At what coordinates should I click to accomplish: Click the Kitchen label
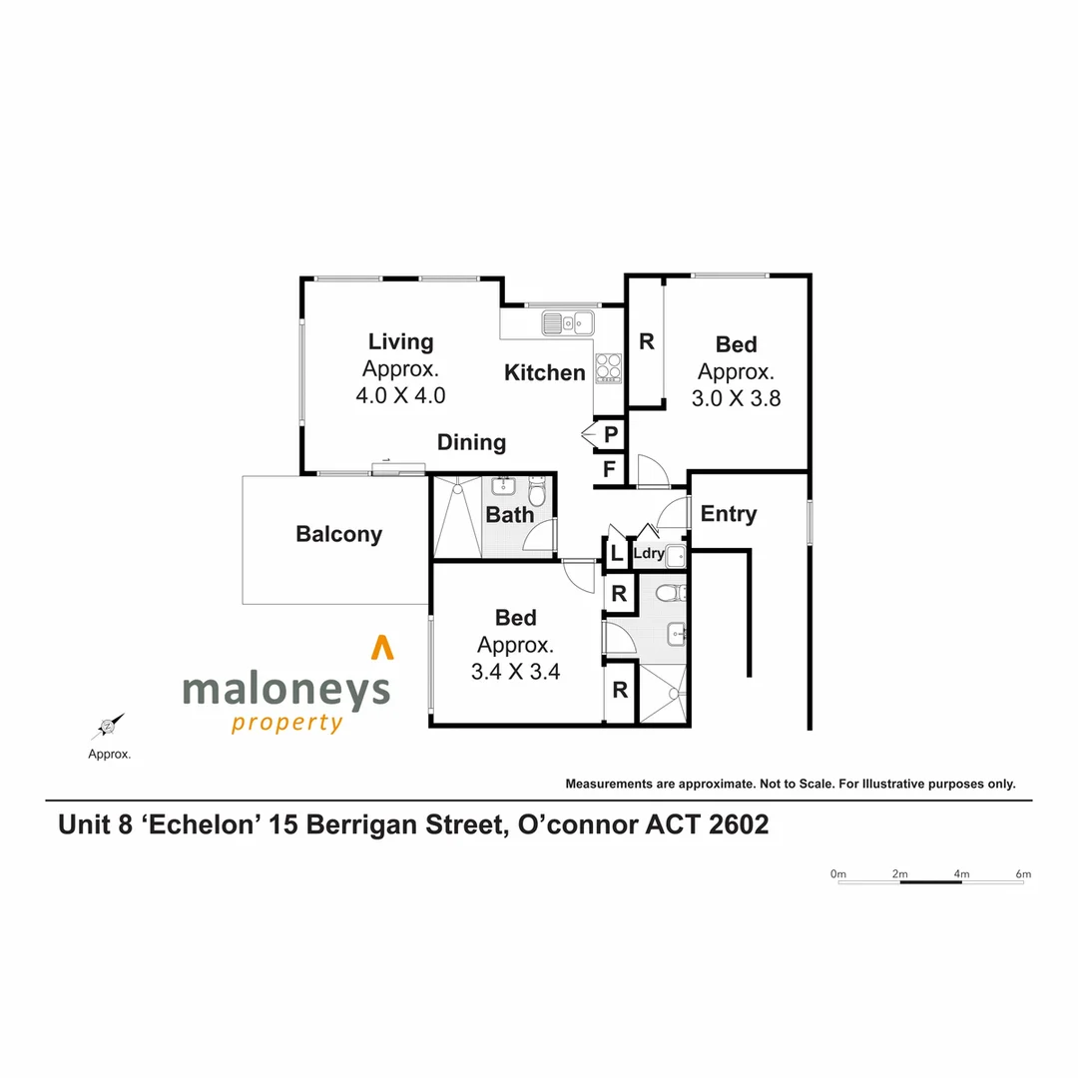pyautogui.click(x=544, y=373)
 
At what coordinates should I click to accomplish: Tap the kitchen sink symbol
pyautogui.click(x=568, y=322)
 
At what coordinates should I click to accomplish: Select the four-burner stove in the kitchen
pyautogui.click(x=608, y=369)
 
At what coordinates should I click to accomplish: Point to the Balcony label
pyautogui.click(x=338, y=535)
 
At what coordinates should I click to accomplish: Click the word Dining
pyautogui.click(x=471, y=442)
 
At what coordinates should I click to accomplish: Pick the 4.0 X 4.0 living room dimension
pyautogui.click(x=400, y=395)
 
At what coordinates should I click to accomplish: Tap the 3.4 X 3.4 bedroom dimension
pyautogui.click(x=515, y=671)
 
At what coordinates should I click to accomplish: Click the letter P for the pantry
pyautogui.click(x=610, y=434)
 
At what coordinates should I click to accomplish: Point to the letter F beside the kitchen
pyautogui.click(x=609, y=468)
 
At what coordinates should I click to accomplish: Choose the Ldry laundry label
pyautogui.click(x=649, y=553)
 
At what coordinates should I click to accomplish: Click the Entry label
pyautogui.click(x=729, y=514)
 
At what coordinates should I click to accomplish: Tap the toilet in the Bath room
pyautogui.click(x=537, y=492)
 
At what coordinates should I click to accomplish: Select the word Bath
pyautogui.click(x=510, y=515)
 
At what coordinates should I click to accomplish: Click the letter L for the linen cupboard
pyautogui.click(x=616, y=553)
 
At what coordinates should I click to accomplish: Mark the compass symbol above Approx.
pyautogui.click(x=109, y=727)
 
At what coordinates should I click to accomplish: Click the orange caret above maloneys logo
pyautogui.click(x=381, y=648)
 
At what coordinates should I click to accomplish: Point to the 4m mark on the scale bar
pyautogui.click(x=961, y=874)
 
